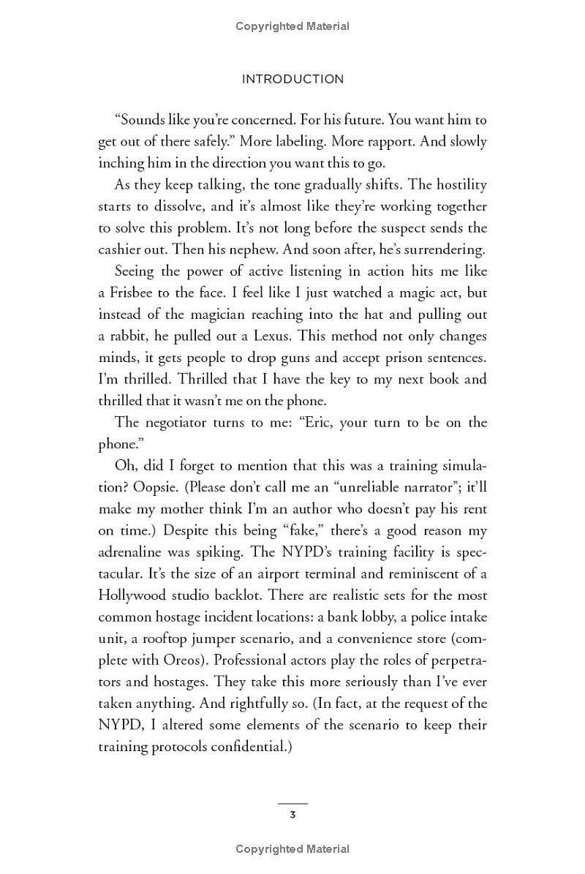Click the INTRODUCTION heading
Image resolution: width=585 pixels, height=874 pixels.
[x=292, y=79]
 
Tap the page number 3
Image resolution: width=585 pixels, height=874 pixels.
[x=292, y=815]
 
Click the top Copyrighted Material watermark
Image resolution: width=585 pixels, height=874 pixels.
[x=292, y=26]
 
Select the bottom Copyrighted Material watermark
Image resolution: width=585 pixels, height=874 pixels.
[x=292, y=849]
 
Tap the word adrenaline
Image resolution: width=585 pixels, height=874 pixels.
[x=133, y=552]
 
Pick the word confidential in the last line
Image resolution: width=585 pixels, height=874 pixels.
[x=245, y=747]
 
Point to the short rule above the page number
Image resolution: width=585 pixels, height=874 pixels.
[x=292, y=803]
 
